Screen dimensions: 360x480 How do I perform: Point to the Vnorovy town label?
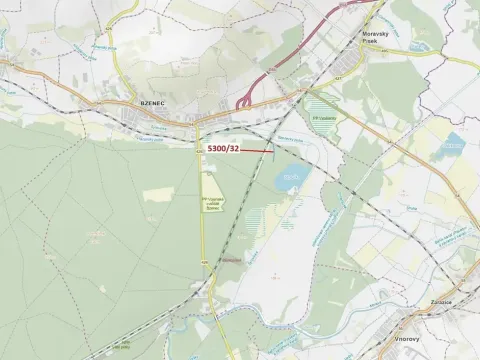click(412, 339)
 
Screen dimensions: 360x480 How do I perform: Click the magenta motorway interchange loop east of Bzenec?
click(244, 101)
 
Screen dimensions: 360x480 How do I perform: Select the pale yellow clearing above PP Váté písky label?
click(211, 182)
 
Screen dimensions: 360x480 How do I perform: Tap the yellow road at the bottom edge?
click(205, 350)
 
